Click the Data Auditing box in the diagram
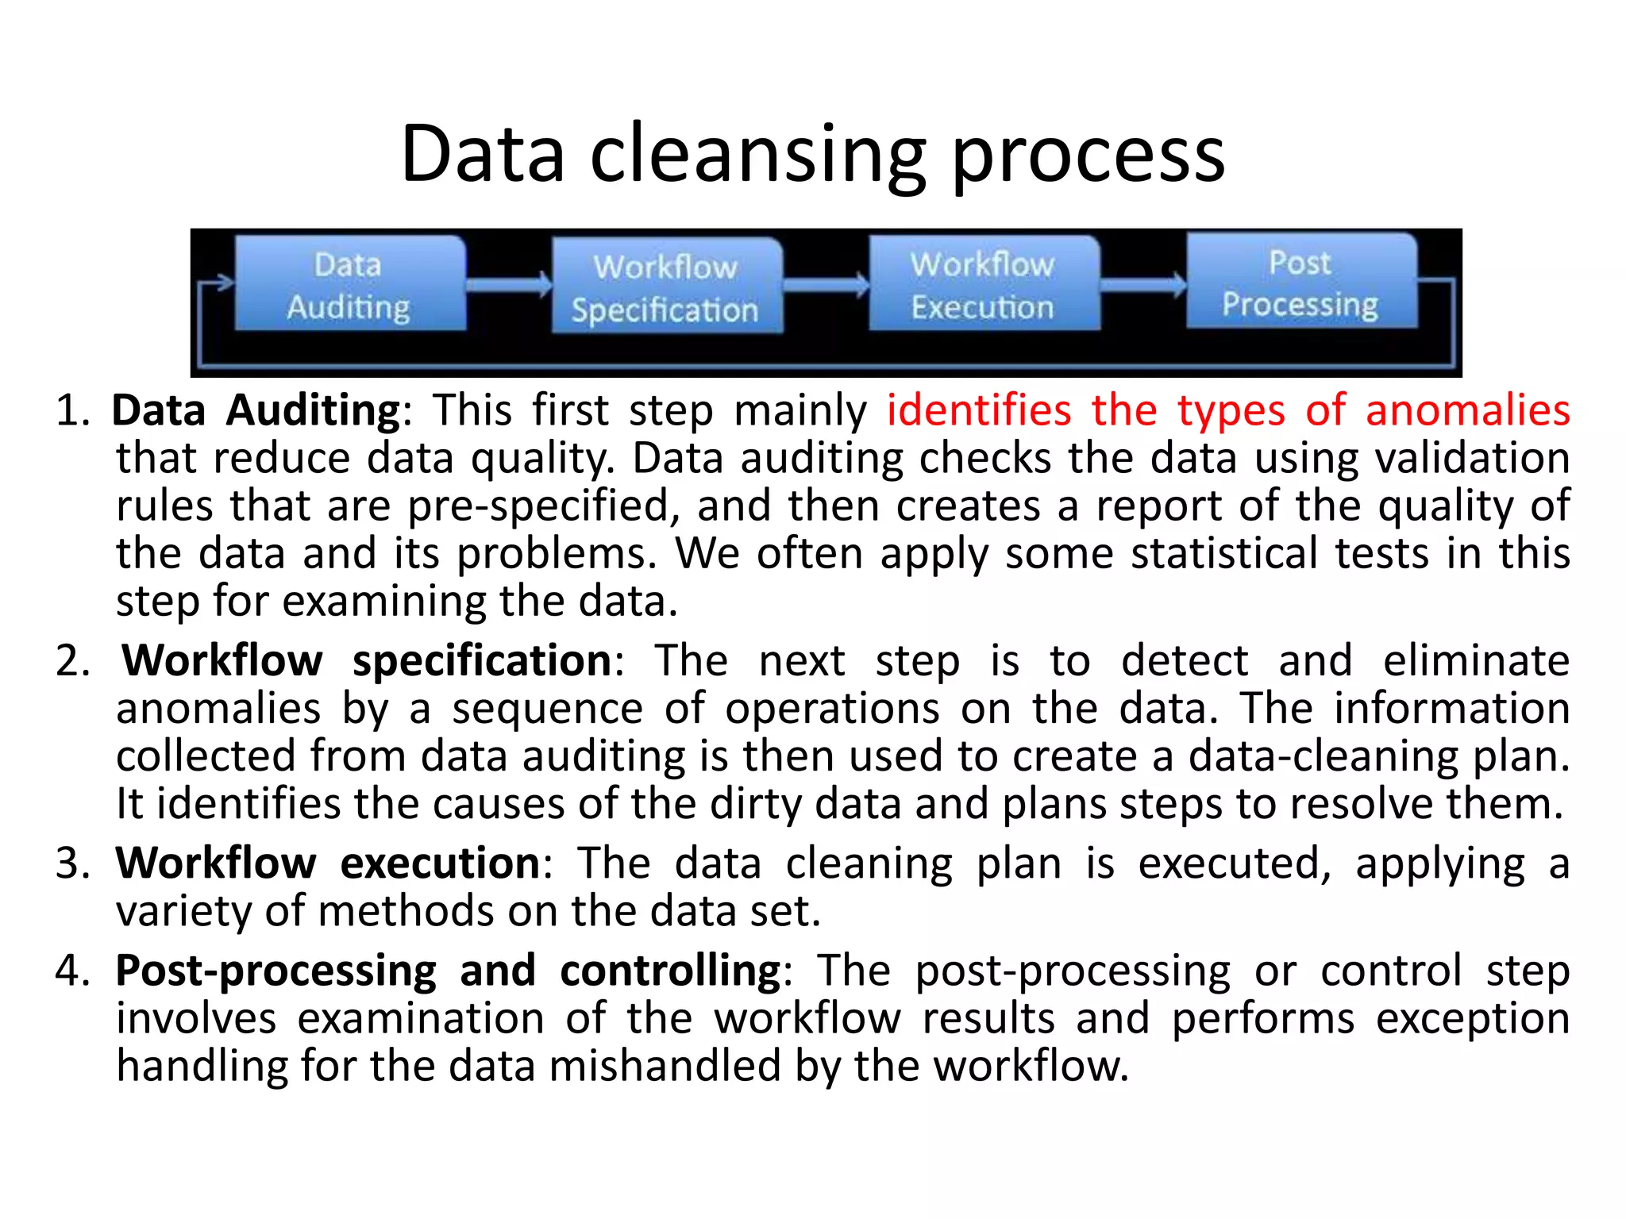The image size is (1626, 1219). click(x=349, y=284)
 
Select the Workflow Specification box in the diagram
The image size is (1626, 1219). click(x=667, y=286)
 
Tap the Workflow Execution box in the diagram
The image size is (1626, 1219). click(x=984, y=283)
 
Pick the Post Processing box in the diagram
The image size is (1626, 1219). click(x=1300, y=282)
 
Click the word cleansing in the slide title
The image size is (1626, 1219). click(x=758, y=155)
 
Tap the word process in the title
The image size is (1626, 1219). click(x=1088, y=155)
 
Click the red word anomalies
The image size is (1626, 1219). click(x=1467, y=411)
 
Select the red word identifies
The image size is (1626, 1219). click(x=978, y=411)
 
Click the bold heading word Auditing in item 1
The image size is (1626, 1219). click(x=313, y=411)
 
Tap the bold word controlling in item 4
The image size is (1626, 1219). click(x=670, y=971)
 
